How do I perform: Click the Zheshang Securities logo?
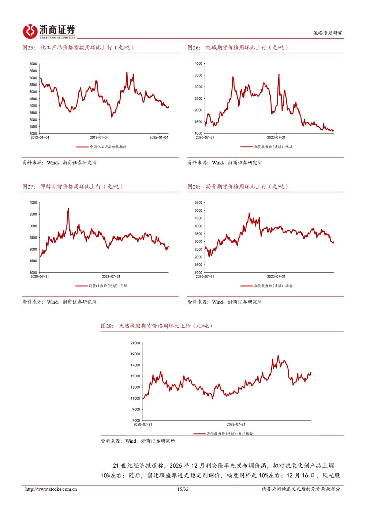49,31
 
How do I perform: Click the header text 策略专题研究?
328,33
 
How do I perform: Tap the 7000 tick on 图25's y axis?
33,64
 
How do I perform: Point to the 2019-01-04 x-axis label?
99,137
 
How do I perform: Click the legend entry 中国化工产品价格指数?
108,147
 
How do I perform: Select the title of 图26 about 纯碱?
238,48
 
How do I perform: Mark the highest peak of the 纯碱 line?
279,74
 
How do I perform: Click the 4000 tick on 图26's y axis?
198,64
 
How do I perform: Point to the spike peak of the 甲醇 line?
68,209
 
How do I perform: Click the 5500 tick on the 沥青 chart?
198,203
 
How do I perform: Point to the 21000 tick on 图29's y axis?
135,343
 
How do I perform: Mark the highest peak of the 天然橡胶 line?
278,355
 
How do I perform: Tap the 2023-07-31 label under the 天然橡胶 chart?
236,424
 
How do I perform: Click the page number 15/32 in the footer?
183,489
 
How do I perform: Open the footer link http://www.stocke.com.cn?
51,489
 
